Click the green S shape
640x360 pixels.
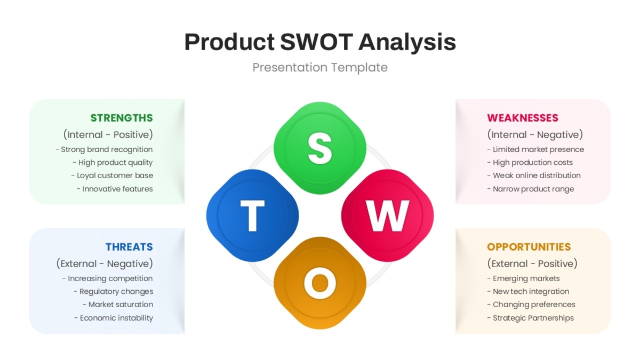click(319, 148)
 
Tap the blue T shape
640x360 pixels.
click(252, 215)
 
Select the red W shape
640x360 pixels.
click(387, 215)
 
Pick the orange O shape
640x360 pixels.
click(319, 283)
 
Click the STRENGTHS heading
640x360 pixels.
click(122, 118)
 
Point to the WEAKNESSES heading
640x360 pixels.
click(523, 118)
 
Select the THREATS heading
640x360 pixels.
click(129, 247)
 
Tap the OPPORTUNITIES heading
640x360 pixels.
click(529, 247)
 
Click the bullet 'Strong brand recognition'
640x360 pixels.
click(105, 149)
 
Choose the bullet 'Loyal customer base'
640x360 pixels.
click(113, 175)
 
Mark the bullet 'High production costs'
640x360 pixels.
click(530, 163)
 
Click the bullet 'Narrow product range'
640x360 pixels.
click(531, 189)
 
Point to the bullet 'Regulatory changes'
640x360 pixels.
click(114, 291)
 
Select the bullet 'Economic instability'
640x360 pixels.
click(114, 318)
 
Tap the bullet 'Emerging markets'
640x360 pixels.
click(523, 278)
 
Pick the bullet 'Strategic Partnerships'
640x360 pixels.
click(531, 318)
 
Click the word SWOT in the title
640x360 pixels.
click(317, 42)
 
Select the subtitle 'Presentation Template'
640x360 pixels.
click(320, 67)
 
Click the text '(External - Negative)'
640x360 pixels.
click(105, 263)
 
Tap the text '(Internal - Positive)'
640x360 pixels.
click(108, 134)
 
